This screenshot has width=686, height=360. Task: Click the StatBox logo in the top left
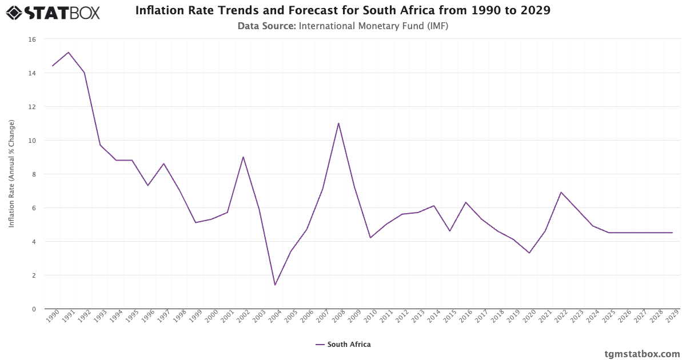[53, 13]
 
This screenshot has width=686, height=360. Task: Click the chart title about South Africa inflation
[343, 10]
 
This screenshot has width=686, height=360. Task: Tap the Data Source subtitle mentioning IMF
[343, 26]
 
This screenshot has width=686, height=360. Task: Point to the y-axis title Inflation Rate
[11, 174]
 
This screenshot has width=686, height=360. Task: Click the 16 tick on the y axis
[31, 39]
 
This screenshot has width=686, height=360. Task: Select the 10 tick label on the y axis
[31, 141]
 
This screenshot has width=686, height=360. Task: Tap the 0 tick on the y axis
[33, 309]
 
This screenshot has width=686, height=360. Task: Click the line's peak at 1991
[69, 53]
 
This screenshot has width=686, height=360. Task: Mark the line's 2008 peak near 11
[338, 123]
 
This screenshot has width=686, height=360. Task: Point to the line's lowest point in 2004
[275, 285]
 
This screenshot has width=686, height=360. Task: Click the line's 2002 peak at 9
[243, 157]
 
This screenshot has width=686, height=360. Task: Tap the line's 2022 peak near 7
[561, 193]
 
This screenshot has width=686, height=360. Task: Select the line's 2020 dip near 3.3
[529, 253]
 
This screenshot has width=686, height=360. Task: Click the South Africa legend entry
[343, 345]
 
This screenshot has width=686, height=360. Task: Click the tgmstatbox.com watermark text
[642, 354]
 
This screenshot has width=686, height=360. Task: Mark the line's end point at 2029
[672, 233]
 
